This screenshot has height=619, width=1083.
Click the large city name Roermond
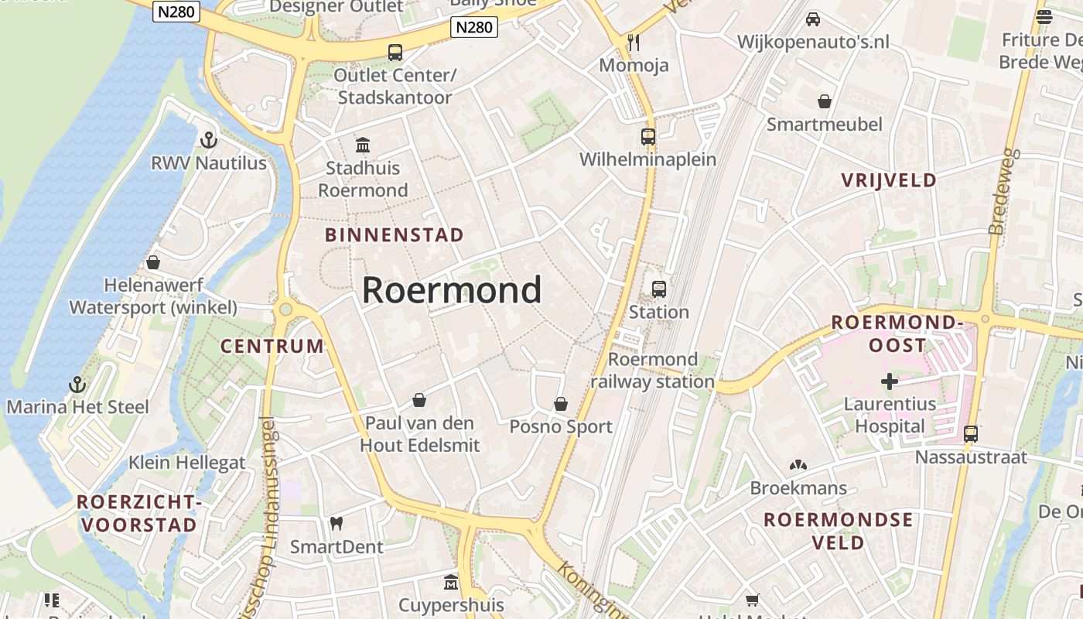pyautogui.click(x=452, y=290)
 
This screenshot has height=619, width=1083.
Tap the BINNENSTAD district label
pyautogui.click(x=395, y=235)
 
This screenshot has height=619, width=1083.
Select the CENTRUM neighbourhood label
pyautogui.click(x=272, y=346)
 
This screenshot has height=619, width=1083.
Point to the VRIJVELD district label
pyautogui.click(x=889, y=180)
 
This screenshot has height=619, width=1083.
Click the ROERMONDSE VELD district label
pyautogui.click(x=838, y=531)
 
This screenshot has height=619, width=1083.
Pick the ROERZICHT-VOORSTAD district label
pyautogui.click(x=139, y=514)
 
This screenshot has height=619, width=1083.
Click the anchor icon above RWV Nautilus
pyautogui.click(x=208, y=140)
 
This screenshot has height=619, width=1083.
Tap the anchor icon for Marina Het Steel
pyautogui.click(x=77, y=384)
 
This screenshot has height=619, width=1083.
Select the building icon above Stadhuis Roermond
pyautogui.click(x=362, y=145)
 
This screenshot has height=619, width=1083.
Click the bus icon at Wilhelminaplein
pyautogui.click(x=648, y=137)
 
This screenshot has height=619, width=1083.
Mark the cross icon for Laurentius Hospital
pyautogui.click(x=890, y=381)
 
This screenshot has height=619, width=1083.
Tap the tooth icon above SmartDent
pyautogui.click(x=336, y=524)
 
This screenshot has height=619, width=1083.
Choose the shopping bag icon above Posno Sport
pyautogui.click(x=561, y=404)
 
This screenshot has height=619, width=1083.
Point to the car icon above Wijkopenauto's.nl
pyautogui.click(x=813, y=19)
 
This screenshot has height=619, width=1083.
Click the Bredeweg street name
pyautogui.click(x=1003, y=192)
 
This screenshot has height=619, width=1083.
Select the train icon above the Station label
pyautogui.click(x=658, y=289)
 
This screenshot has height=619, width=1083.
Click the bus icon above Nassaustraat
pyautogui.click(x=971, y=434)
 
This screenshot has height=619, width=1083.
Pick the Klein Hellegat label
pyautogui.click(x=186, y=463)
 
